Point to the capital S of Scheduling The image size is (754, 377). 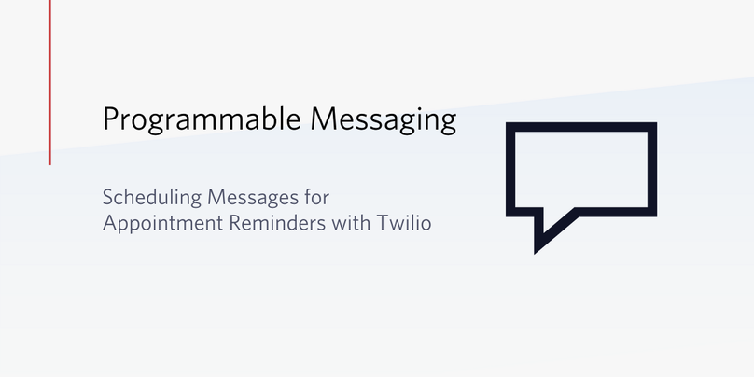tap(107, 198)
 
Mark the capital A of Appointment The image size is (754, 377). tap(109, 225)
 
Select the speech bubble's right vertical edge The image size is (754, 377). tap(651, 168)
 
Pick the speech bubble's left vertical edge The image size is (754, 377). tap(511, 168)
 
